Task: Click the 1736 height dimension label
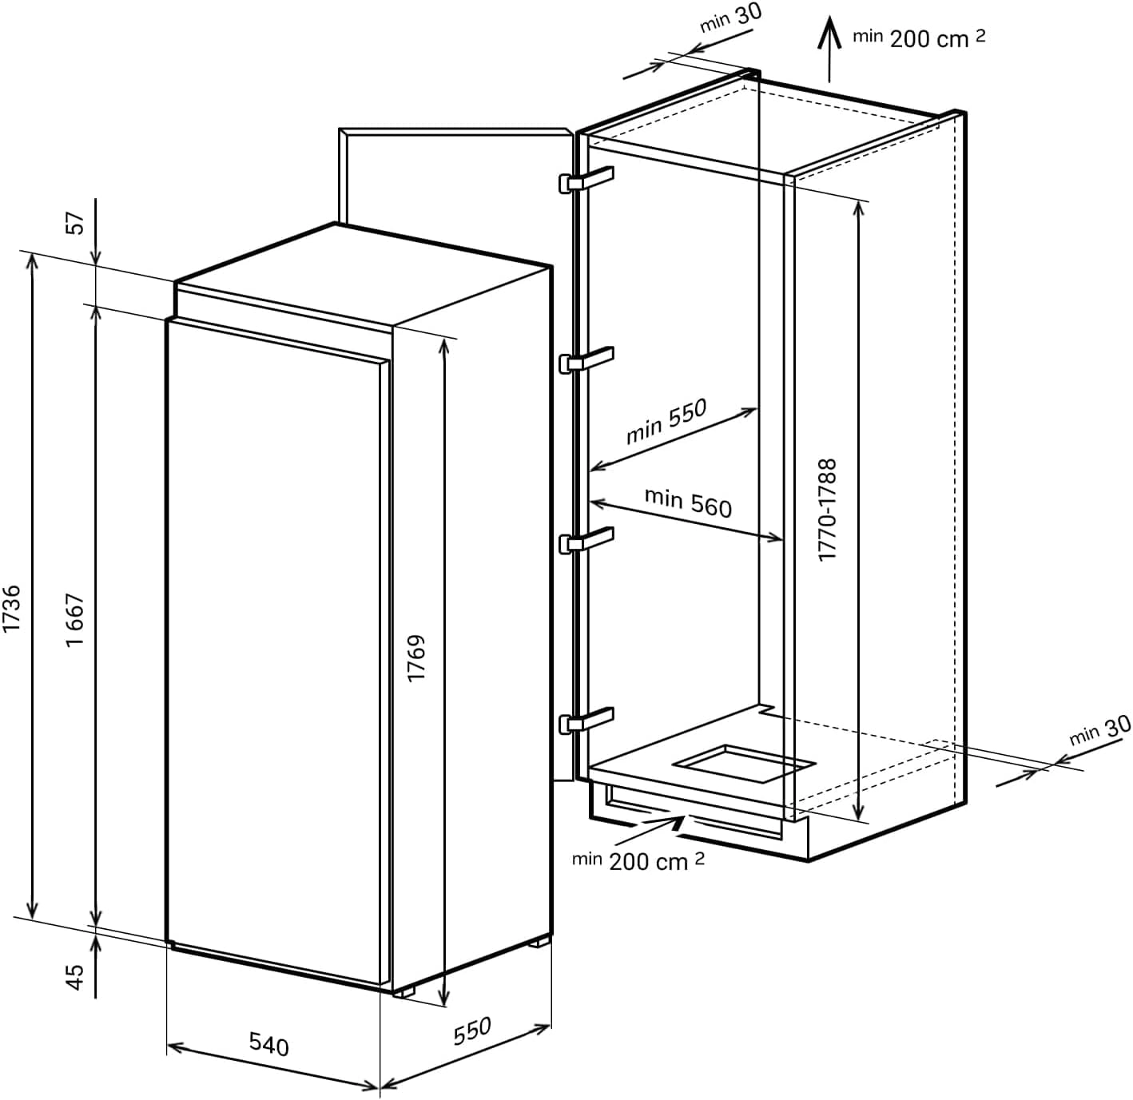tap(12, 608)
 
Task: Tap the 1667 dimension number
tap(76, 620)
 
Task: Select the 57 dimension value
tap(76, 223)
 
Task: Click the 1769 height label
tap(416, 658)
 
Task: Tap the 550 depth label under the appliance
tap(472, 1031)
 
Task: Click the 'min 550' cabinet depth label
tap(666, 421)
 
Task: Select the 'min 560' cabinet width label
tap(688, 502)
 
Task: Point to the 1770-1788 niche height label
tap(827, 510)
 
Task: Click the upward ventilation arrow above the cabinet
tap(829, 49)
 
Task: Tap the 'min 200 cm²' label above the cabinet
tap(920, 38)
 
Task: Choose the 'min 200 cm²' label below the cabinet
tap(638, 861)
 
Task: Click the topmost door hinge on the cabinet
tap(586, 181)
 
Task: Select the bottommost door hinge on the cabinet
tap(586, 721)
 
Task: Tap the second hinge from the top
tap(586, 361)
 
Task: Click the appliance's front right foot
tap(403, 990)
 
